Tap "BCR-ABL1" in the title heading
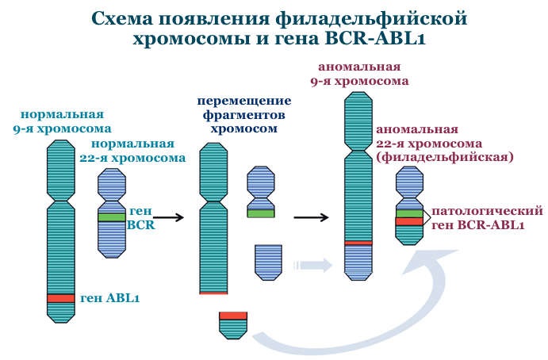375,38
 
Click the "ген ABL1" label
109,298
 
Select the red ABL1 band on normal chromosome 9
61,298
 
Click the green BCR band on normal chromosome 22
112,217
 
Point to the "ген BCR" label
141,218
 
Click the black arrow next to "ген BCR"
168,217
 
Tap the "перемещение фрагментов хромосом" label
244,115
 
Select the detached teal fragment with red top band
233,325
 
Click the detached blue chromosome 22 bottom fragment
268,262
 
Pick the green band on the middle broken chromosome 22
261,213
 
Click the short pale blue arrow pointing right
312,266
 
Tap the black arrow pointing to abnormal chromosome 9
311,217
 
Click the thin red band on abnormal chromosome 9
358,243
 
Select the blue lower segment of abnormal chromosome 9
358,262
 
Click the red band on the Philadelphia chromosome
409,221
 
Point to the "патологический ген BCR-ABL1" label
487,218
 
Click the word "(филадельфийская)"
445,157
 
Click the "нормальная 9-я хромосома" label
62,121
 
